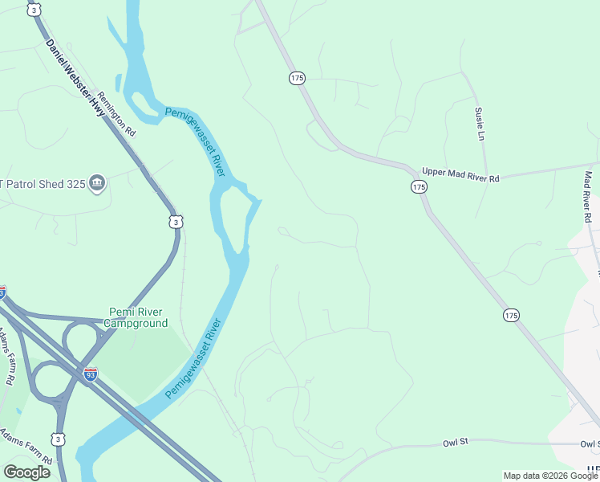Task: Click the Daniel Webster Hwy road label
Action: pos(75,78)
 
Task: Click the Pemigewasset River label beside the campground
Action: pos(193,359)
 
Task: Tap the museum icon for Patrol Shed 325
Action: pos(97,183)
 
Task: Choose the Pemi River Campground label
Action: pos(138,317)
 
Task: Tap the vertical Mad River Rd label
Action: pos(588,197)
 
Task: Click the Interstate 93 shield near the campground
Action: pos(91,374)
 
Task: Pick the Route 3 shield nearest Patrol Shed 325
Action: pos(176,221)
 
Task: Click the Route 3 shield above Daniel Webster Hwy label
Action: pos(33,10)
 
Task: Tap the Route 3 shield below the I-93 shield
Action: pos(58,439)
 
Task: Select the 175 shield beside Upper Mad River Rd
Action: pos(418,186)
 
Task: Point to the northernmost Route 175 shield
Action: pos(297,78)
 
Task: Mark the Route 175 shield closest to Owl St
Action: pos(510,315)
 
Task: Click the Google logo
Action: pos(26,472)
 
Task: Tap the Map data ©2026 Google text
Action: pos(549,476)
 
